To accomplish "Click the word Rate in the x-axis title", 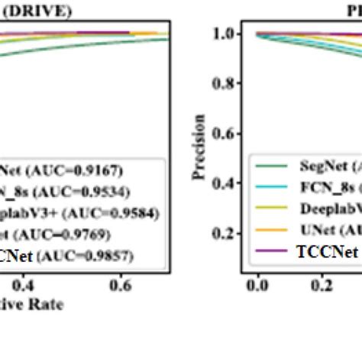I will [x=48, y=303].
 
